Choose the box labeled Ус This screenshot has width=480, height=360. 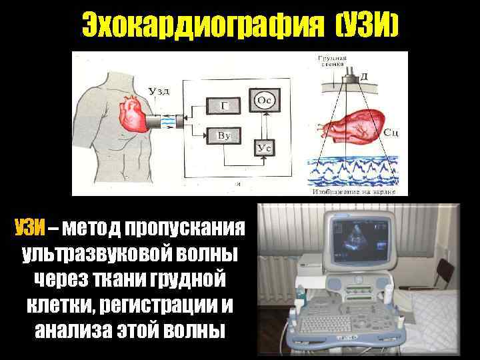(x=264, y=148)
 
